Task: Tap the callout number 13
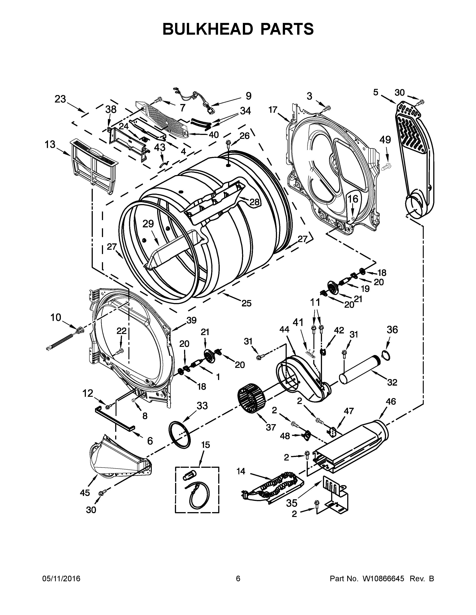[x=50, y=145]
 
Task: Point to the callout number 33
[x=202, y=406]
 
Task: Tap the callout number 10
[x=56, y=317]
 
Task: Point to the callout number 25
[x=246, y=303]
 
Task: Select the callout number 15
[x=206, y=445]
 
